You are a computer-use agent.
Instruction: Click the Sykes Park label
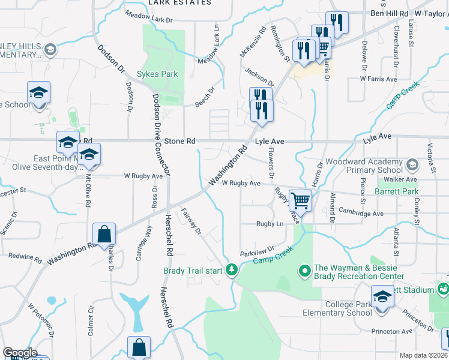click(x=157, y=74)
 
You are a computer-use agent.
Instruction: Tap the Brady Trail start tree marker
click(x=232, y=271)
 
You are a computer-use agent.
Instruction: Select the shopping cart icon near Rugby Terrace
click(x=300, y=200)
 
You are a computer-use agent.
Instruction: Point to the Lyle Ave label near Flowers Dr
click(x=269, y=141)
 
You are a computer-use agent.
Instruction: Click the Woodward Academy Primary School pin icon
click(x=412, y=164)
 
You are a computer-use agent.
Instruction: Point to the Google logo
click(x=20, y=353)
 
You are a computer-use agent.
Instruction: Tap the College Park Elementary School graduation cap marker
click(x=382, y=296)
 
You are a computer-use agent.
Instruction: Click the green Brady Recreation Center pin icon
click(x=305, y=272)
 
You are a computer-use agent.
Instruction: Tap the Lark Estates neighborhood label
click(x=188, y=2)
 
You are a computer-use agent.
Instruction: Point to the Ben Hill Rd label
click(x=390, y=13)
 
